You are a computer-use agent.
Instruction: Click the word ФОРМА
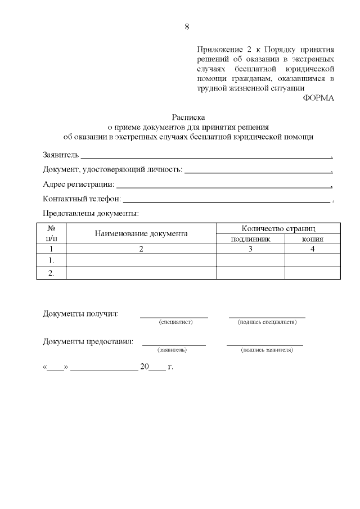click(x=318, y=98)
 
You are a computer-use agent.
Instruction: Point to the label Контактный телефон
click(x=82, y=199)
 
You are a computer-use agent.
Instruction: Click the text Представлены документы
click(x=91, y=213)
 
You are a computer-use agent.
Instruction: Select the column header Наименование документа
click(x=141, y=233)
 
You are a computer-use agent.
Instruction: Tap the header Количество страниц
click(x=278, y=228)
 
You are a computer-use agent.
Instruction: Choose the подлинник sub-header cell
click(x=250, y=239)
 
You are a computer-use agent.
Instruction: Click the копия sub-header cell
click(x=312, y=239)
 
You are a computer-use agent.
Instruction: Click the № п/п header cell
click(x=51, y=233)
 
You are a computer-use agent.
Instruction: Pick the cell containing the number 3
click(x=250, y=249)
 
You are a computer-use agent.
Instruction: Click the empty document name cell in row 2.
click(x=141, y=272)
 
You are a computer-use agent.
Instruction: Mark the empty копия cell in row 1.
click(x=312, y=260)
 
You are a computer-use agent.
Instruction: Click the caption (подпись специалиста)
click(x=267, y=322)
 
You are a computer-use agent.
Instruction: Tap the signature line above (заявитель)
click(x=174, y=344)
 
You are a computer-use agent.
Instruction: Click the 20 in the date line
click(x=145, y=367)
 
